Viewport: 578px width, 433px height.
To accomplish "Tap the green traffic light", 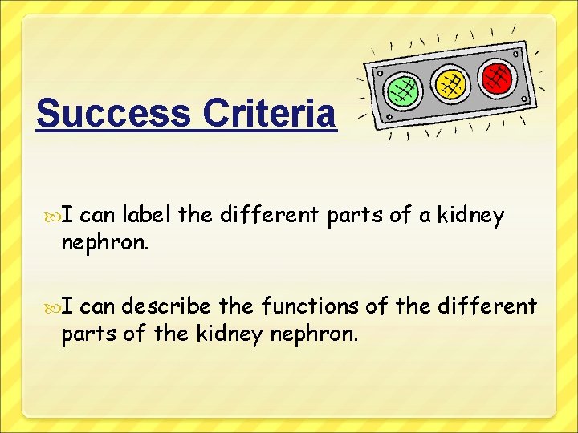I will pos(402,90).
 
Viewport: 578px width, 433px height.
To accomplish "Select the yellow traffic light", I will pos(450,83).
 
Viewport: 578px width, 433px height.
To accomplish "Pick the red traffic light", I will pos(497,77).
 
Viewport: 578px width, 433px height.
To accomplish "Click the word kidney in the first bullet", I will pos(470,216).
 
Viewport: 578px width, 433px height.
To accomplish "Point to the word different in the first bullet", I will pos(269,216).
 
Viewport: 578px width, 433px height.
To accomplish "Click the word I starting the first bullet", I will pos(69,216).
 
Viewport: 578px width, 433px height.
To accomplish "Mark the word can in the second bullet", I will pos(99,306).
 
